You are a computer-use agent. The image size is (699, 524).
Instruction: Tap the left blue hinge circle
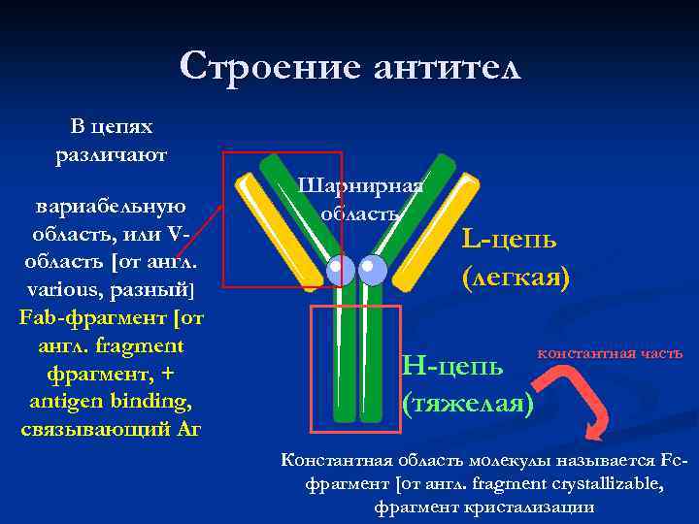pos(340,271)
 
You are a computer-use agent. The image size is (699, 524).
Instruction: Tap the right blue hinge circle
pos(372,271)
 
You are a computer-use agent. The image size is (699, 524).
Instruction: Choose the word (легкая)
pos(516,278)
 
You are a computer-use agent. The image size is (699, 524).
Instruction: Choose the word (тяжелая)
pos(467,401)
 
